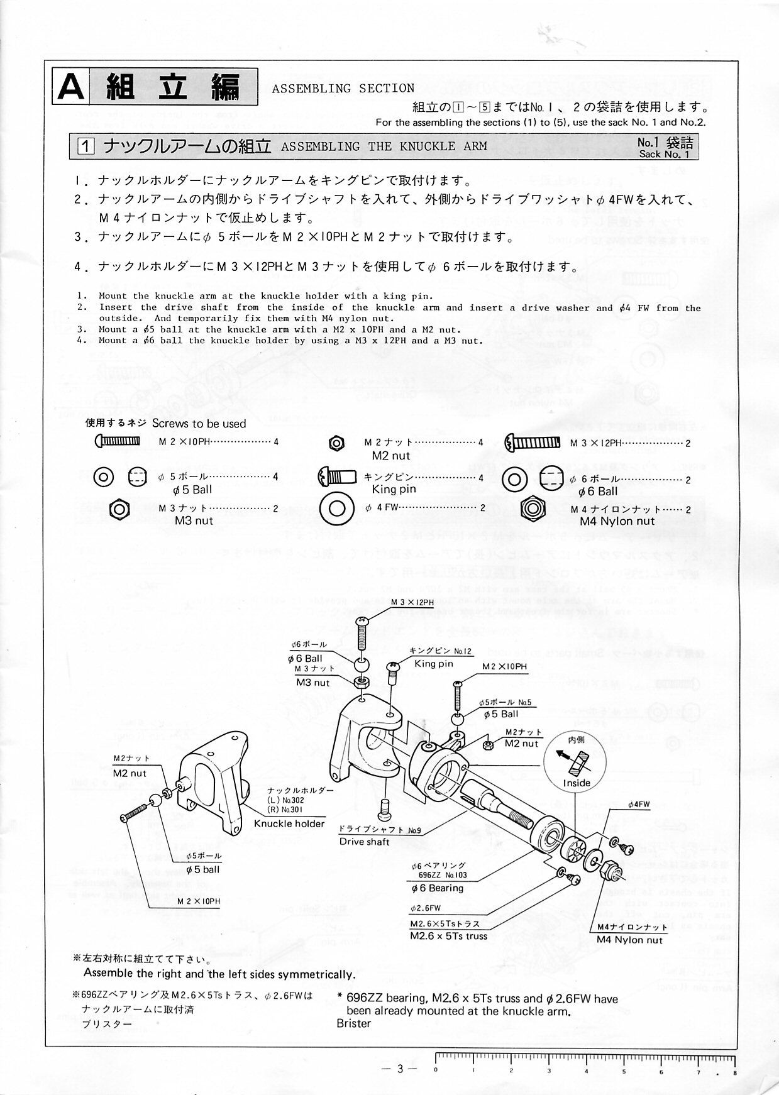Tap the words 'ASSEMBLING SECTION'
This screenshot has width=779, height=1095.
(x=343, y=89)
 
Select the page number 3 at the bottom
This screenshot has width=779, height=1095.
(x=399, y=1069)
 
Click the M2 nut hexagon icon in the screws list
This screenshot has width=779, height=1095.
(x=336, y=443)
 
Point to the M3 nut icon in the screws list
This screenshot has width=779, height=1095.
(x=119, y=508)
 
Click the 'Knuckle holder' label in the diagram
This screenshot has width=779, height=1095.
(x=289, y=823)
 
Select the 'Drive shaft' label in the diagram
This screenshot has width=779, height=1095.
(x=364, y=842)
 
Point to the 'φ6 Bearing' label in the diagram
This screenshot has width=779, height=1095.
(x=437, y=888)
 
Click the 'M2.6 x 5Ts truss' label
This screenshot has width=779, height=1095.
(x=448, y=936)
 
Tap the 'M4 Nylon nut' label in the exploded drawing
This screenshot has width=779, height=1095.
(x=629, y=940)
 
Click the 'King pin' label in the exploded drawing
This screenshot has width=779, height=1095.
(x=433, y=664)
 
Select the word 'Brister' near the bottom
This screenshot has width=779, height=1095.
(x=354, y=1023)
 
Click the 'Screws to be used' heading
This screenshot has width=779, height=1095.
(x=199, y=424)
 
